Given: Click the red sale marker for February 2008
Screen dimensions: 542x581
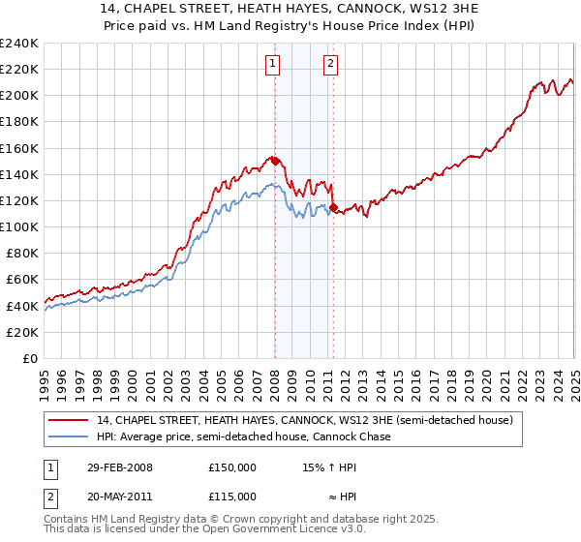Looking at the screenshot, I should tap(275, 161).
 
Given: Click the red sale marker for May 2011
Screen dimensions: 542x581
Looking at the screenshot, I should tap(332, 207).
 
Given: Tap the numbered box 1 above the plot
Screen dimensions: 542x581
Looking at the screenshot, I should tap(273, 65).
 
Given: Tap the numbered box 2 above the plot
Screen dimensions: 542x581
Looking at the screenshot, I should tap(330, 65).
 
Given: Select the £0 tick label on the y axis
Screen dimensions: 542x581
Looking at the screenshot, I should tap(29, 358).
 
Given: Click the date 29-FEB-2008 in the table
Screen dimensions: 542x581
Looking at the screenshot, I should tap(119, 467).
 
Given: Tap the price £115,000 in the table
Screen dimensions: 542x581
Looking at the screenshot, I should tap(231, 496).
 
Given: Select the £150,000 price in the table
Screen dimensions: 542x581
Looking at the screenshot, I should tap(231, 467).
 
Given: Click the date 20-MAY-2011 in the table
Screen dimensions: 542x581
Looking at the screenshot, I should tap(119, 496).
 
